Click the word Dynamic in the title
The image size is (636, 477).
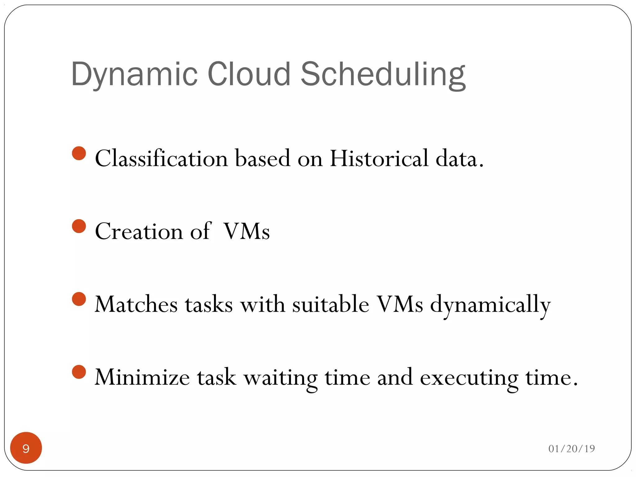tap(134, 75)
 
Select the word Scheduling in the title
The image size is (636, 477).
tap(383, 75)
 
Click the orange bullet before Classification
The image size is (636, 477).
tap(79, 153)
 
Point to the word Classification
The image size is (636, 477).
tap(161, 158)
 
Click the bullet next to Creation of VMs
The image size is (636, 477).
tap(79, 226)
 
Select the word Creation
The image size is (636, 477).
tap(139, 231)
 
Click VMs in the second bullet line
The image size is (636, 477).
tap(247, 231)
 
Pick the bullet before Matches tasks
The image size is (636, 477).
tap(79, 299)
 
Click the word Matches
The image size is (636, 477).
tap(136, 304)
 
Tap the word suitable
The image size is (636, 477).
tap(331, 304)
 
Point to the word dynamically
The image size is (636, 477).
tap(490, 306)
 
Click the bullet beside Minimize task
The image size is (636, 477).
tap(79, 372)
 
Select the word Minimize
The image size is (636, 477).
tap(142, 377)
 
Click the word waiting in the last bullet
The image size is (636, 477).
tap(280, 378)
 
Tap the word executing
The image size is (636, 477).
tap(469, 378)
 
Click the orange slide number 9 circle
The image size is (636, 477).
tap(26, 448)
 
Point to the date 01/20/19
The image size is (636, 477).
tap(571, 449)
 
